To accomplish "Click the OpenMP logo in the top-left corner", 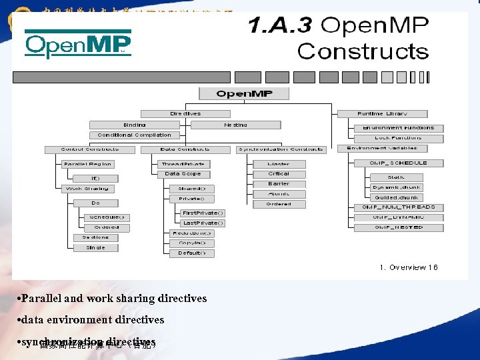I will tap(78, 45).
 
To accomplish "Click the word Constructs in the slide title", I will tap(363, 51).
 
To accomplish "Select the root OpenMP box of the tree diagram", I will tap(243, 94).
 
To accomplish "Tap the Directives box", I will tap(185, 114).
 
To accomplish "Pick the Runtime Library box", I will tap(382, 114).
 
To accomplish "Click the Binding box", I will tap(134, 125).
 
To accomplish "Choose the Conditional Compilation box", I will tap(134, 135).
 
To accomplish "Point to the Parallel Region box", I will tap(88, 164).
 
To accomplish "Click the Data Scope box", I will tap(183, 174).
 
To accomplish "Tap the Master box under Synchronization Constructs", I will tap(279, 164).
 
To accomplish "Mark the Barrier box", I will tap(279, 184).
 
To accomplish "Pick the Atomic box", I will tap(279, 194).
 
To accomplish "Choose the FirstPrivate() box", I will tap(203, 213).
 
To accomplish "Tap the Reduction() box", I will tap(191, 233).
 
